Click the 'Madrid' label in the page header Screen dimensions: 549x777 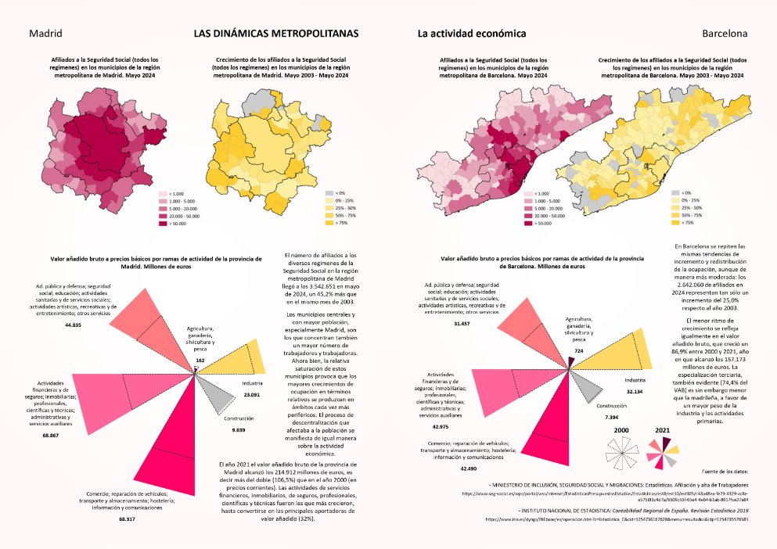[x=45, y=34]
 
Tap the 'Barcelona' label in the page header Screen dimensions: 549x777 [x=725, y=34]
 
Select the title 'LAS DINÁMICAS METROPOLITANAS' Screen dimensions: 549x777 [x=276, y=34]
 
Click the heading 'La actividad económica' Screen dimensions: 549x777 [x=471, y=34]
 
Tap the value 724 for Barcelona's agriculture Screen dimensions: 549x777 [x=579, y=351]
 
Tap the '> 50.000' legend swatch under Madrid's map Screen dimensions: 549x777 [x=163, y=224]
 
